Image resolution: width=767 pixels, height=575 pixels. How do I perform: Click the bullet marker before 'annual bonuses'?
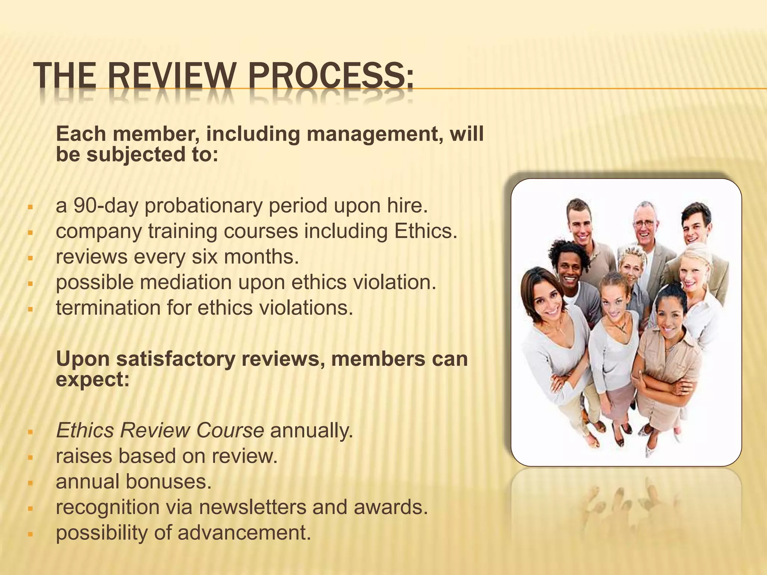click(x=30, y=483)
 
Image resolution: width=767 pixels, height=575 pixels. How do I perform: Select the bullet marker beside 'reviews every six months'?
click(x=30, y=258)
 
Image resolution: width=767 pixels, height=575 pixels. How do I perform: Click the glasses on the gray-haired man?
click(x=645, y=223)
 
